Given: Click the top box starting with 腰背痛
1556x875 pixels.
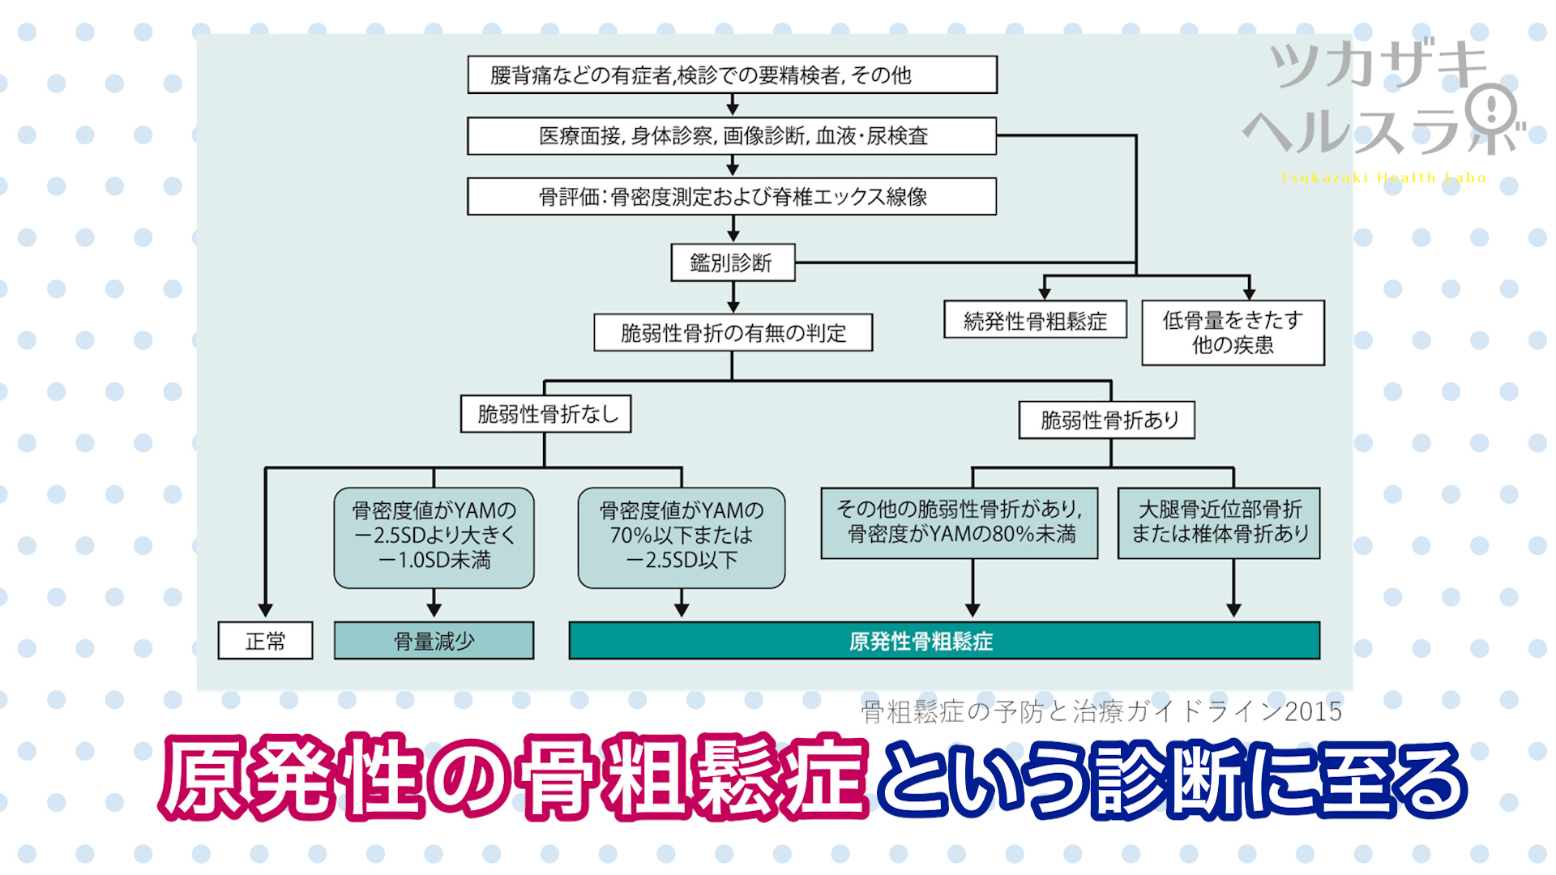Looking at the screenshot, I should [732, 75].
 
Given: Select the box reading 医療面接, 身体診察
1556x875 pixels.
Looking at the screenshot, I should [732, 136].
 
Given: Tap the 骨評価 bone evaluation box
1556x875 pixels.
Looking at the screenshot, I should [732, 196].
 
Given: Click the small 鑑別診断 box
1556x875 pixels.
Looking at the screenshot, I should [733, 262].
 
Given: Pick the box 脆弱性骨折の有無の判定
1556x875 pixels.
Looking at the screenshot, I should [733, 332].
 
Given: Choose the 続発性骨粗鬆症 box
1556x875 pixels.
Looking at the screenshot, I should [1035, 321].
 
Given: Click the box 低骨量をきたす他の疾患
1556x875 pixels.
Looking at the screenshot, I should [1233, 332].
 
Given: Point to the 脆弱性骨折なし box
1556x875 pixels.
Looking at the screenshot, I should [545, 414].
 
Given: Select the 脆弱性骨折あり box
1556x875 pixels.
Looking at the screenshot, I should [1106, 420].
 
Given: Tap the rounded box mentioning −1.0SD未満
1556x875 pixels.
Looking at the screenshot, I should [434, 537].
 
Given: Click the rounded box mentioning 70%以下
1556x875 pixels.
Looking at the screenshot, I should [681, 537].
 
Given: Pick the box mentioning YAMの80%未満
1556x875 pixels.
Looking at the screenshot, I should [959, 523].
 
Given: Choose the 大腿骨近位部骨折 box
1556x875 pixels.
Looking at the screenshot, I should [1219, 523].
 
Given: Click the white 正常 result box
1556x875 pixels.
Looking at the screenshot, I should [265, 641].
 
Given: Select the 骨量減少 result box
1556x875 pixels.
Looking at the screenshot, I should [434, 641].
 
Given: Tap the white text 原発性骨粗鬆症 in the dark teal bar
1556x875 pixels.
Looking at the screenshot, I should [921, 641].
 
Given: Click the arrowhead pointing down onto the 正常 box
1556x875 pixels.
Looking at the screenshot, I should [265, 610].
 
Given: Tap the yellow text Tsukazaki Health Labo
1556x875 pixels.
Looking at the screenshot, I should [1383, 177].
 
